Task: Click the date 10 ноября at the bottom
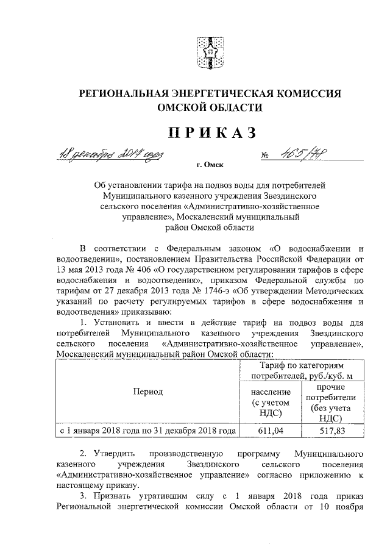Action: point(342,506)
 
